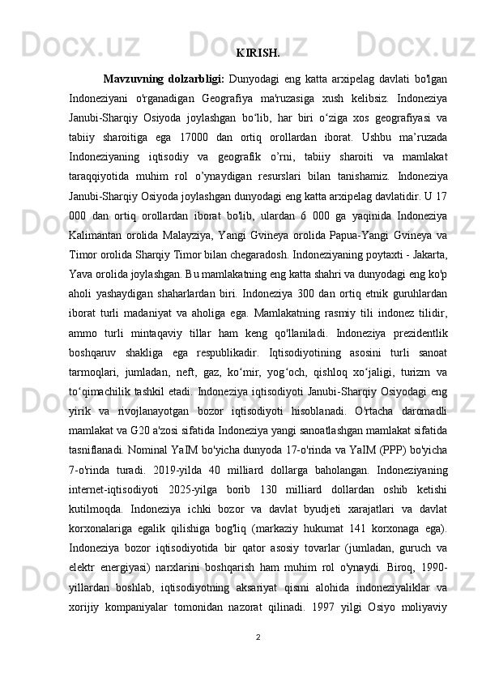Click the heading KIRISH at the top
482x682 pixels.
tap(258, 54)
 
